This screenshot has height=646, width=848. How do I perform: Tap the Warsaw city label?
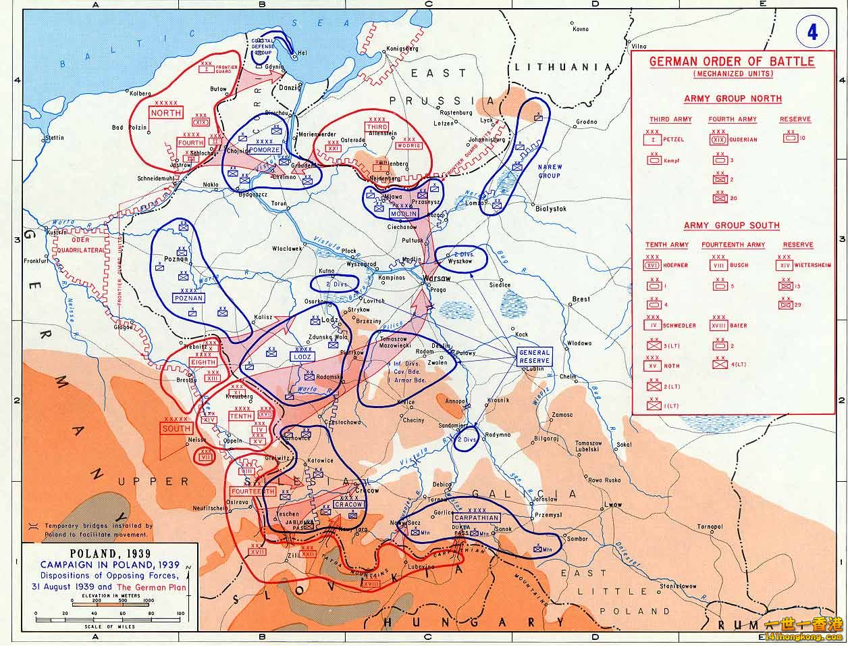(x=432, y=278)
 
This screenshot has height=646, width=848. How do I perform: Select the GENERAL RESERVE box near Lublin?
(x=534, y=357)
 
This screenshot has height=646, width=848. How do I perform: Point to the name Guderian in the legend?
(x=743, y=140)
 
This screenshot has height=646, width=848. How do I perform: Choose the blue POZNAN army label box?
(x=188, y=297)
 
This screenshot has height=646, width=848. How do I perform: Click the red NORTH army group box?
(x=166, y=113)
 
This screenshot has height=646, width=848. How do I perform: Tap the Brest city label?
(x=581, y=299)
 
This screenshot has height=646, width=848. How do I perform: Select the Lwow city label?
(x=614, y=505)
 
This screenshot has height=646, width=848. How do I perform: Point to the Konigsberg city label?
(x=403, y=49)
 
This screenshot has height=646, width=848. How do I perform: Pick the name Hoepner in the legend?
(x=675, y=266)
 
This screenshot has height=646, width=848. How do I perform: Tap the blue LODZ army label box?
(x=301, y=355)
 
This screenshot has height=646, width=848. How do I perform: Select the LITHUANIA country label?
(x=563, y=67)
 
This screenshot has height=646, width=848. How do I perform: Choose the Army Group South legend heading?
(x=731, y=225)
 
